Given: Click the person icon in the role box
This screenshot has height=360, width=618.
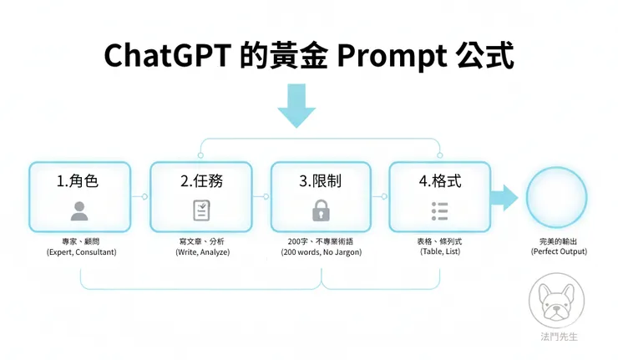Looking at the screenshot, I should pyautogui.click(x=79, y=210).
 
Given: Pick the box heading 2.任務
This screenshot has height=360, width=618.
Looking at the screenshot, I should pyautogui.click(x=200, y=180).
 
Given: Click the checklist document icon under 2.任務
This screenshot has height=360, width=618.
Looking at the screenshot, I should pyautogui.click(x=200, y=210).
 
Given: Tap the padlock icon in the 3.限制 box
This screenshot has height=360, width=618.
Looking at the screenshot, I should pyautogui.click(x=321, y=210).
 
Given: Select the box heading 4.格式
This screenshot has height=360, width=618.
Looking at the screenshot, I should pyautogui.click(x=439, y=180).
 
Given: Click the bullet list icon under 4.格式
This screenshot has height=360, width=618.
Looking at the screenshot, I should pyautogui.click(x=439, y=210).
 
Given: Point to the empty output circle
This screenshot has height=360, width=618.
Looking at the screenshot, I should pyautogui.click(x=558, y=199).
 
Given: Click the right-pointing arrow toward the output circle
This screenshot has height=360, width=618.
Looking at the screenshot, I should pyautogui.click(x=504, y=199).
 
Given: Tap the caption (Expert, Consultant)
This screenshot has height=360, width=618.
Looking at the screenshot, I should pyautogui.click(x=80, y=252).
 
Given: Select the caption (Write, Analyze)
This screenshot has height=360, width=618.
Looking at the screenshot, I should pyautogui.click(x=200, y=252).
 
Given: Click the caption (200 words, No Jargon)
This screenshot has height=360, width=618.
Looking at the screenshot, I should pyautogui.click(x=321, y=252).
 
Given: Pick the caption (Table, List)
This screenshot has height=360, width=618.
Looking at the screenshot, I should pyautogui.click(x=439, y=252).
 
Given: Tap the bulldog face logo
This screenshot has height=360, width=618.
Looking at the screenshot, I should pyautogui.click(x=558, y=305).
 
